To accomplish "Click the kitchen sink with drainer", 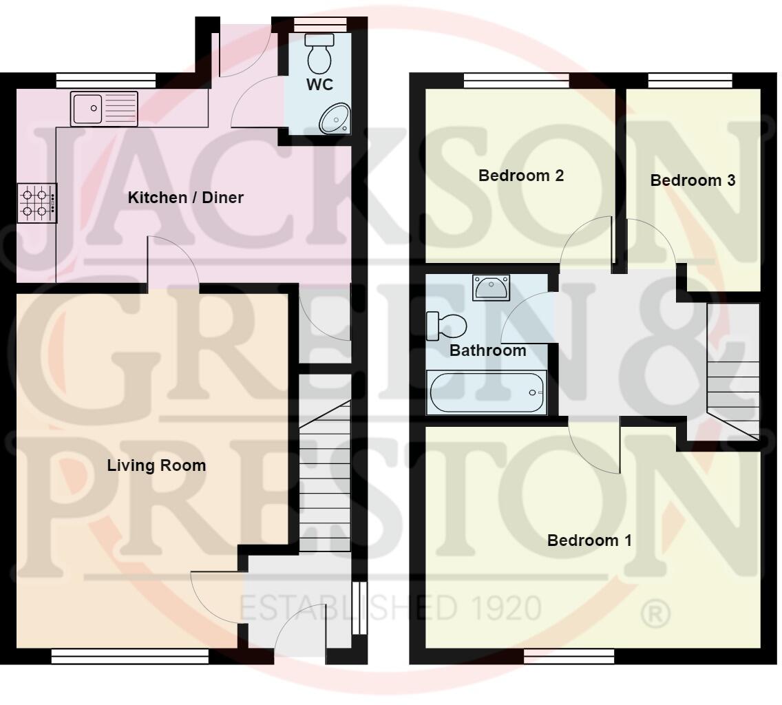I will [104, 108].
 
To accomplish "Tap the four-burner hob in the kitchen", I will [36, 202].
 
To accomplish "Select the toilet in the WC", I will [319, 54].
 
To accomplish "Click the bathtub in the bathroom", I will [487, 392].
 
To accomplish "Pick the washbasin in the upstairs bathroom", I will [492, 286].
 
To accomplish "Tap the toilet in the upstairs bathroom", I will [446, 326].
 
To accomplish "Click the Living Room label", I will [156, 465].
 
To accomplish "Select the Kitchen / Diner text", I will [186, 198].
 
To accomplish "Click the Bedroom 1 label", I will [589, 540].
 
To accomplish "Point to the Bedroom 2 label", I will [521, 176].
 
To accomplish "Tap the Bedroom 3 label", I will [693, 180].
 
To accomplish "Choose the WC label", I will [320, 85].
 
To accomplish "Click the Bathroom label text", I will [487, 350].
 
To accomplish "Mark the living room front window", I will [130, 657].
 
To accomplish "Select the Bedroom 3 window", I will [690, 81].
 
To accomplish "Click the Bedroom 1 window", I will [569, 657].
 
